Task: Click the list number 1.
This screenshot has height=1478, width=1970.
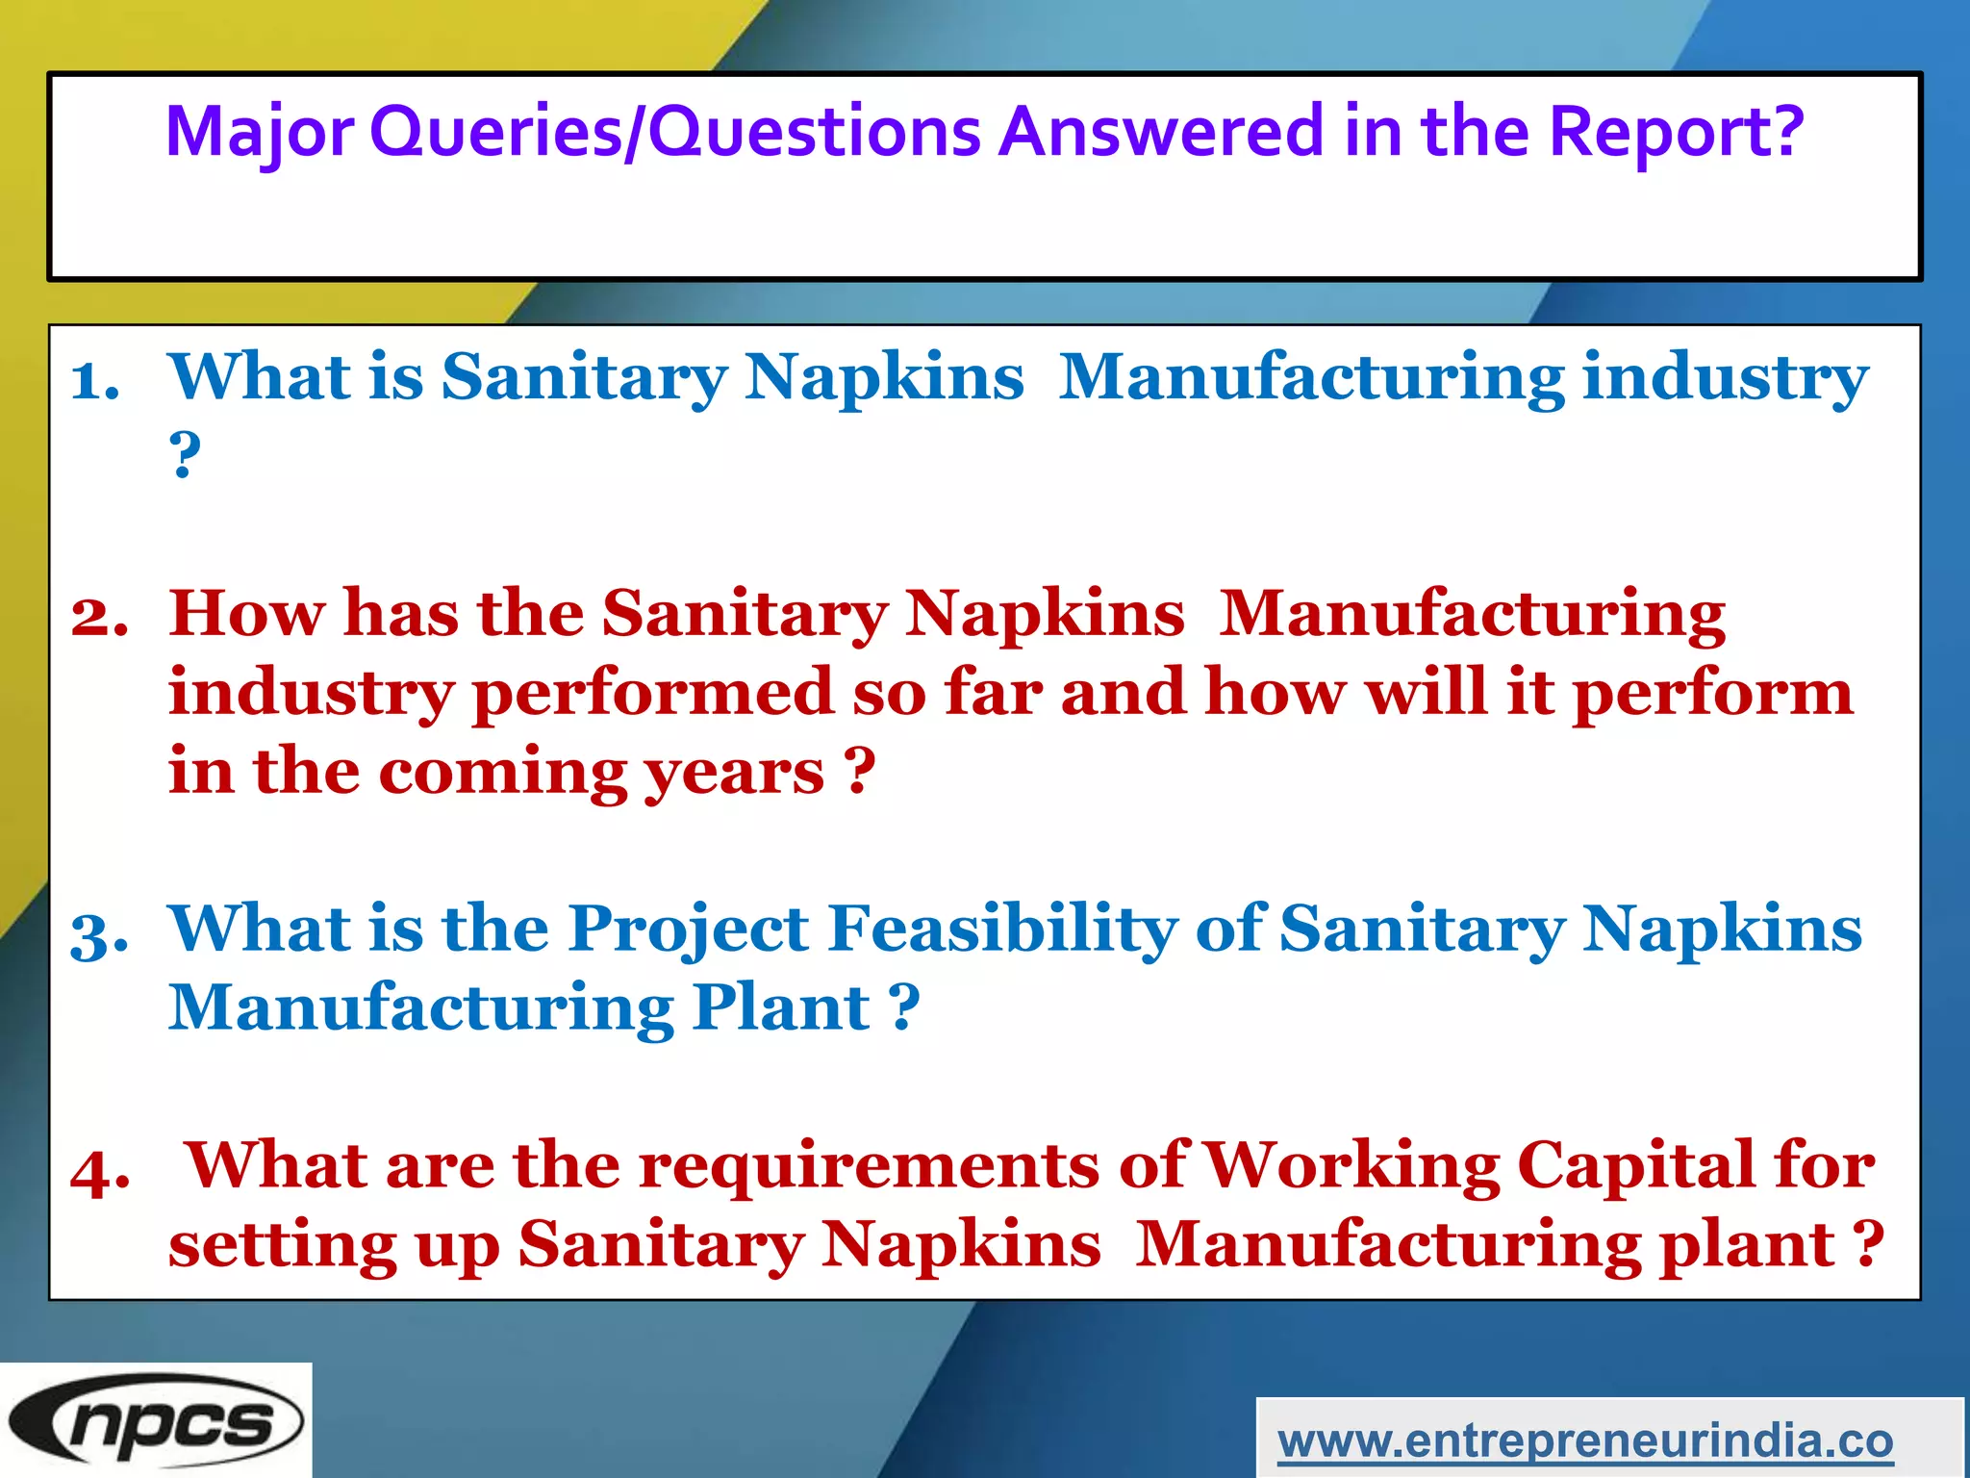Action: [95, 380]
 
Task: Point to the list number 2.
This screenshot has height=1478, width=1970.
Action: [99, 617]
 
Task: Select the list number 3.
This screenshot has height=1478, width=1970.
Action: [99, 933]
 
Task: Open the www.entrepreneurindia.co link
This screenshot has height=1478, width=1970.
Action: [1585, 1440]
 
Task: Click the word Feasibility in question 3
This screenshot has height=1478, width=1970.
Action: [1002, 930]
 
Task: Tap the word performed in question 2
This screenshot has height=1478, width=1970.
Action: [653, 695]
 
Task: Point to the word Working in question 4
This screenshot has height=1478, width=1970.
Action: [1351, 1166]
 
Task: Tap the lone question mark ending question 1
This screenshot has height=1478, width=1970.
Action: [185, 454]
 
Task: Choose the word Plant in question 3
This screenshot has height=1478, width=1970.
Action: [781, 1008]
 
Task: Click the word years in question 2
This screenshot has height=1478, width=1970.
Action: [734, 773]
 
